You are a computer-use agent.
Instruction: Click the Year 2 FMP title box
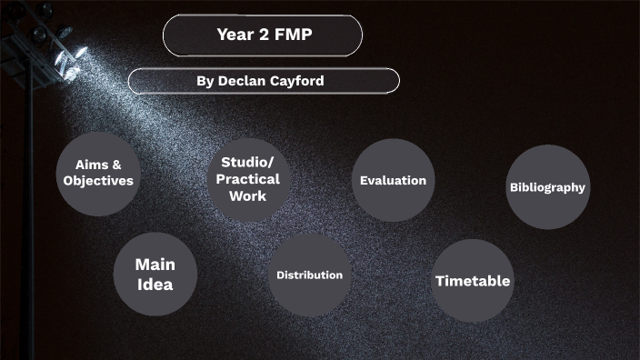[x=262, y=35]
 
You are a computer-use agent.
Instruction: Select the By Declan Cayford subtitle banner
[x=264, y=81]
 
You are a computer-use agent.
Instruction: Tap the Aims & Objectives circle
[x=98, y=173]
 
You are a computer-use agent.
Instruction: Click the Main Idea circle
[x=155, y=274]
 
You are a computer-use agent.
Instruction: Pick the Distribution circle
[x=310, y=275]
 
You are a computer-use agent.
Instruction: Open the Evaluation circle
[x=393, y=180]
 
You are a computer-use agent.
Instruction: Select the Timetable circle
[x=472, y=281]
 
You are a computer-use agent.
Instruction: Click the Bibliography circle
[x=547, y=187]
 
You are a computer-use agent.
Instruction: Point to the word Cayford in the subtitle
[x=295, y=81]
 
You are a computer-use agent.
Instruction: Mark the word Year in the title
[x=233, y=35]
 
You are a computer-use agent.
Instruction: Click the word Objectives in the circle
[x=98, y=181]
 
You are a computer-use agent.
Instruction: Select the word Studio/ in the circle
[x=248, y=162]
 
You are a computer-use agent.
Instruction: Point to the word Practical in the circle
[x=248, y=178]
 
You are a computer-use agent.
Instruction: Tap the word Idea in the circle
[x=155, y=285]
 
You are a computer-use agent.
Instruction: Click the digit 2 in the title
[x=260, y=35]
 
